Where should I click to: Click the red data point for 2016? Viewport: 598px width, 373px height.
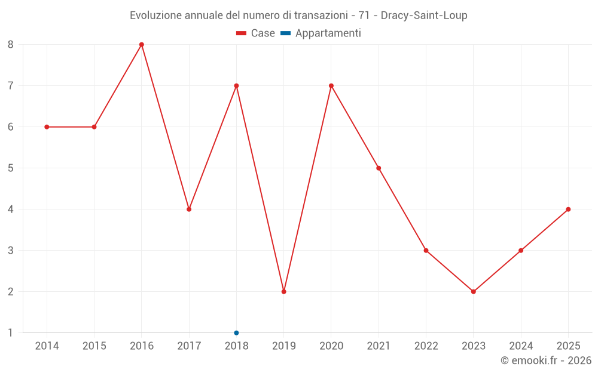click(x=142, y=44)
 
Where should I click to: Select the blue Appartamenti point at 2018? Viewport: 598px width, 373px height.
click(x=236, y=333)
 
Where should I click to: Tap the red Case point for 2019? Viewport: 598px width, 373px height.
click(x=283, y=292)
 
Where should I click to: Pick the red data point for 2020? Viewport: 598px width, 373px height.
click(x=331, y=85)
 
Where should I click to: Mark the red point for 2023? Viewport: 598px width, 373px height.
click(x=474, y=292)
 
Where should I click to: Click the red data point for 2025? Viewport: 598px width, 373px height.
click(x=568, y=209)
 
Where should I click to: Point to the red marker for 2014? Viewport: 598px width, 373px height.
click(x=47, y=127)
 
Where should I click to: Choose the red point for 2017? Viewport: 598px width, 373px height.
click(x=189, y=209)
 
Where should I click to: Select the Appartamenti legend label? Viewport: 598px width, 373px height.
click(x=328, y=33)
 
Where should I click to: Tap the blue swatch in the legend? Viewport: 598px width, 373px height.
click(x=286, y=33)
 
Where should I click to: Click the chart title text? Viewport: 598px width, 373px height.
click(x=298, y=15)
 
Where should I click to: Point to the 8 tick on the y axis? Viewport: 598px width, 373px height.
click(x=11, y=44)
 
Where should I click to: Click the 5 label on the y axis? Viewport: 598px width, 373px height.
click(x=11, y=168)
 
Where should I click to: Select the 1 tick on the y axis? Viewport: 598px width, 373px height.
click(x=11, y=333)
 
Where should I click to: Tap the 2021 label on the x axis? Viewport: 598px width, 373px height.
click(x=379, y=346)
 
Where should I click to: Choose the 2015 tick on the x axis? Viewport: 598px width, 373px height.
click(x=94, y=346)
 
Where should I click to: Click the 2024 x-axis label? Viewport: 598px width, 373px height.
click(x=521, y=346)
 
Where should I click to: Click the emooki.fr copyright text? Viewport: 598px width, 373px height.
click(x=545, y=360)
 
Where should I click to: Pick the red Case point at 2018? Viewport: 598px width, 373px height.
click(x=236, y=85)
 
